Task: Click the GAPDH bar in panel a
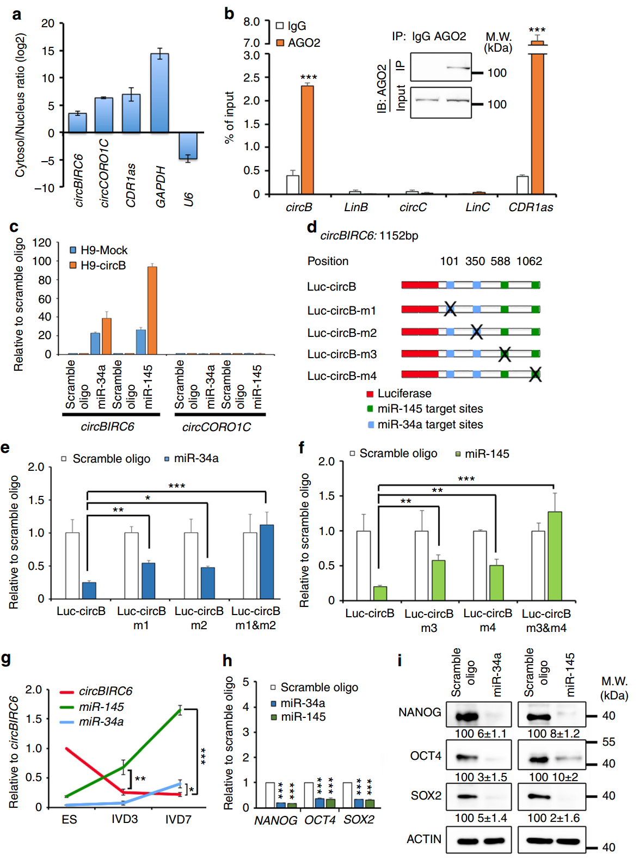pos(159,93)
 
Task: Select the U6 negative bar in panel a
pos(188,146)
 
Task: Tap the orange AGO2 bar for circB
pos(307,140)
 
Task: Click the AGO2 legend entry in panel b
pos(298,42)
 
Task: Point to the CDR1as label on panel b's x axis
pos(531,207)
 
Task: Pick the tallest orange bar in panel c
pos(152,310)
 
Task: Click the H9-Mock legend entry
pos(99,250)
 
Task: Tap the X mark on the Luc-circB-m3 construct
pos(505,354)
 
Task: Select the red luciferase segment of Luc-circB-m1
pos(420,310)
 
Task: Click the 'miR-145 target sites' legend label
pos(430,409)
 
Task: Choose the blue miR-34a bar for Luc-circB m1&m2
pos(267,562)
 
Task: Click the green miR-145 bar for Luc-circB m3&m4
pos(555,556)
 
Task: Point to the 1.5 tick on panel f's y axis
pos(327,496)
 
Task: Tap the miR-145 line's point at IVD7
pos(180,709)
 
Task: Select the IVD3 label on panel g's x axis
pos(125,819)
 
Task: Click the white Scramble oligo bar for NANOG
pos(269,795)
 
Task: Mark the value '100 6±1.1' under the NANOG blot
pos(480,734)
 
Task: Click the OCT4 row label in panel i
pos(426,755)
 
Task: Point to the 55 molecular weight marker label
pos(609,742)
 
